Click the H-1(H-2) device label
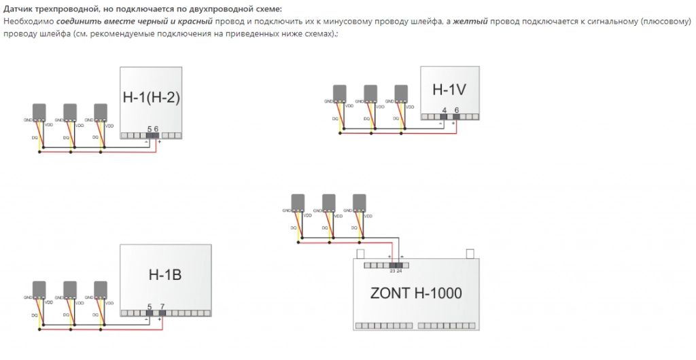point(151,97)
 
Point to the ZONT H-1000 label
point(416,293)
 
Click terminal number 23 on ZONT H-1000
point(392,270)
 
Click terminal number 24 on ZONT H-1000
point(400,270)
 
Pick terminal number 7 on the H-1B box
point(162,306)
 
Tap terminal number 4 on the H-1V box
point(445,110)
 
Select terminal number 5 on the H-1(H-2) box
point(150,128)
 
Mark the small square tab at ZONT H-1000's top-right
point(469,254)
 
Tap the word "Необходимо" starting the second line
point(28,22)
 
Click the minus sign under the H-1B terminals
point(147,319)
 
